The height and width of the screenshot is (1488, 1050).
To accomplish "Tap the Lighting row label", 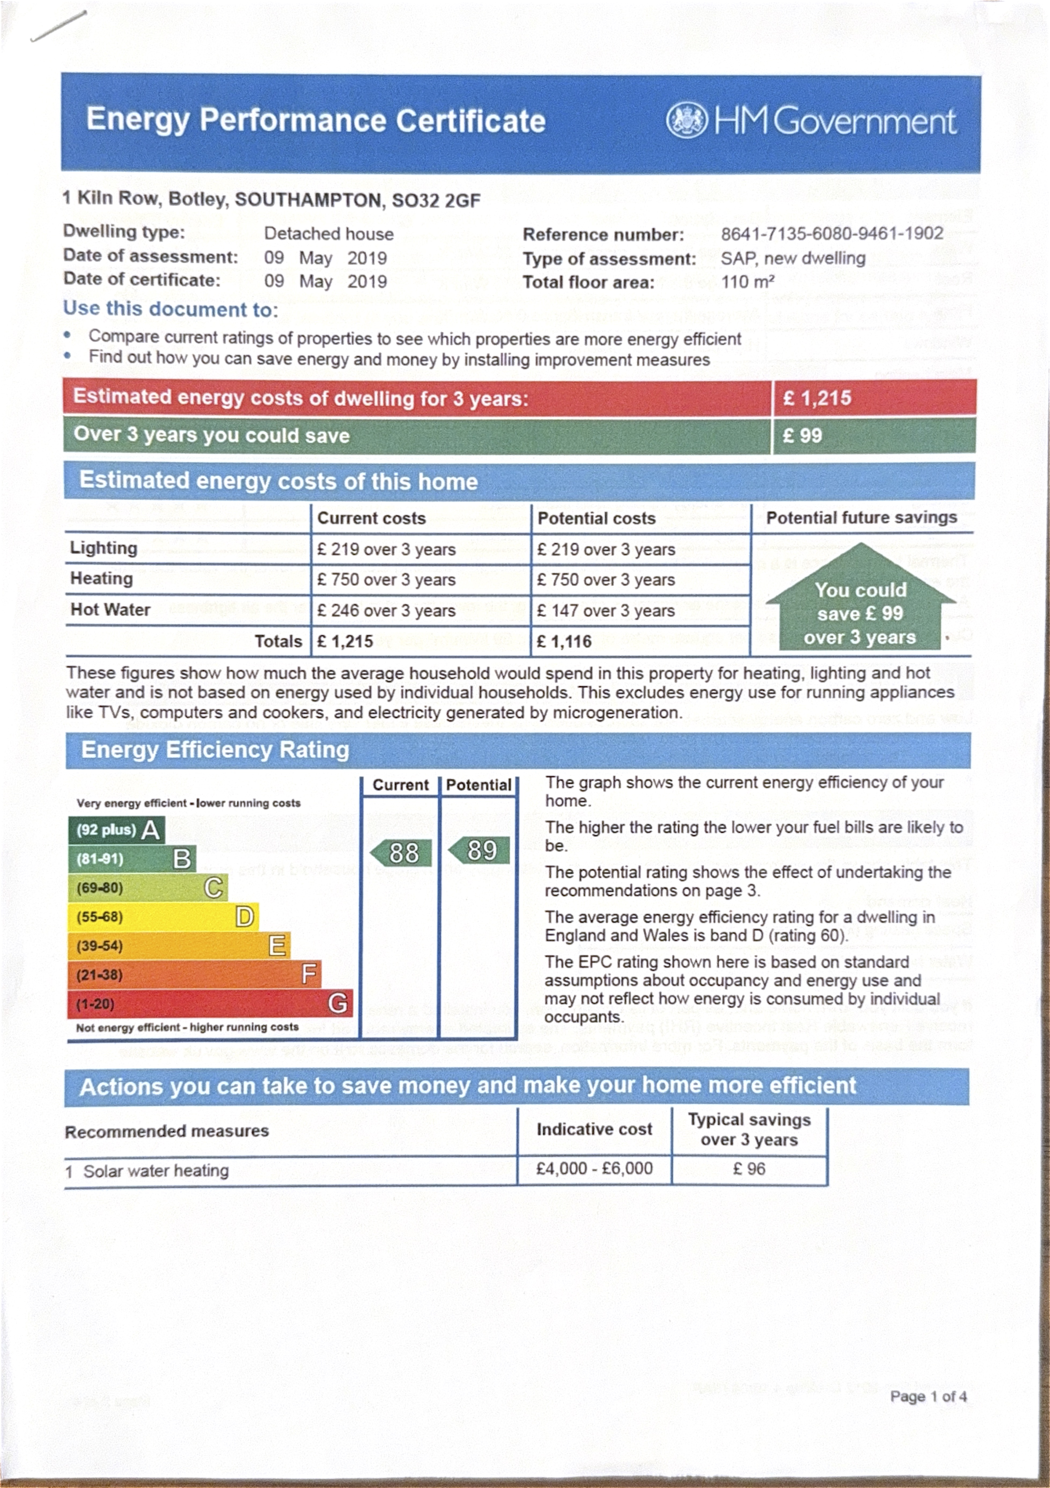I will click(104, 548).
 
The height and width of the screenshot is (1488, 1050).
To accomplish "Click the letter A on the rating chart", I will click(150, 830).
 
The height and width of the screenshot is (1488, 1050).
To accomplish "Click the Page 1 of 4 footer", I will click(928, 1396).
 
